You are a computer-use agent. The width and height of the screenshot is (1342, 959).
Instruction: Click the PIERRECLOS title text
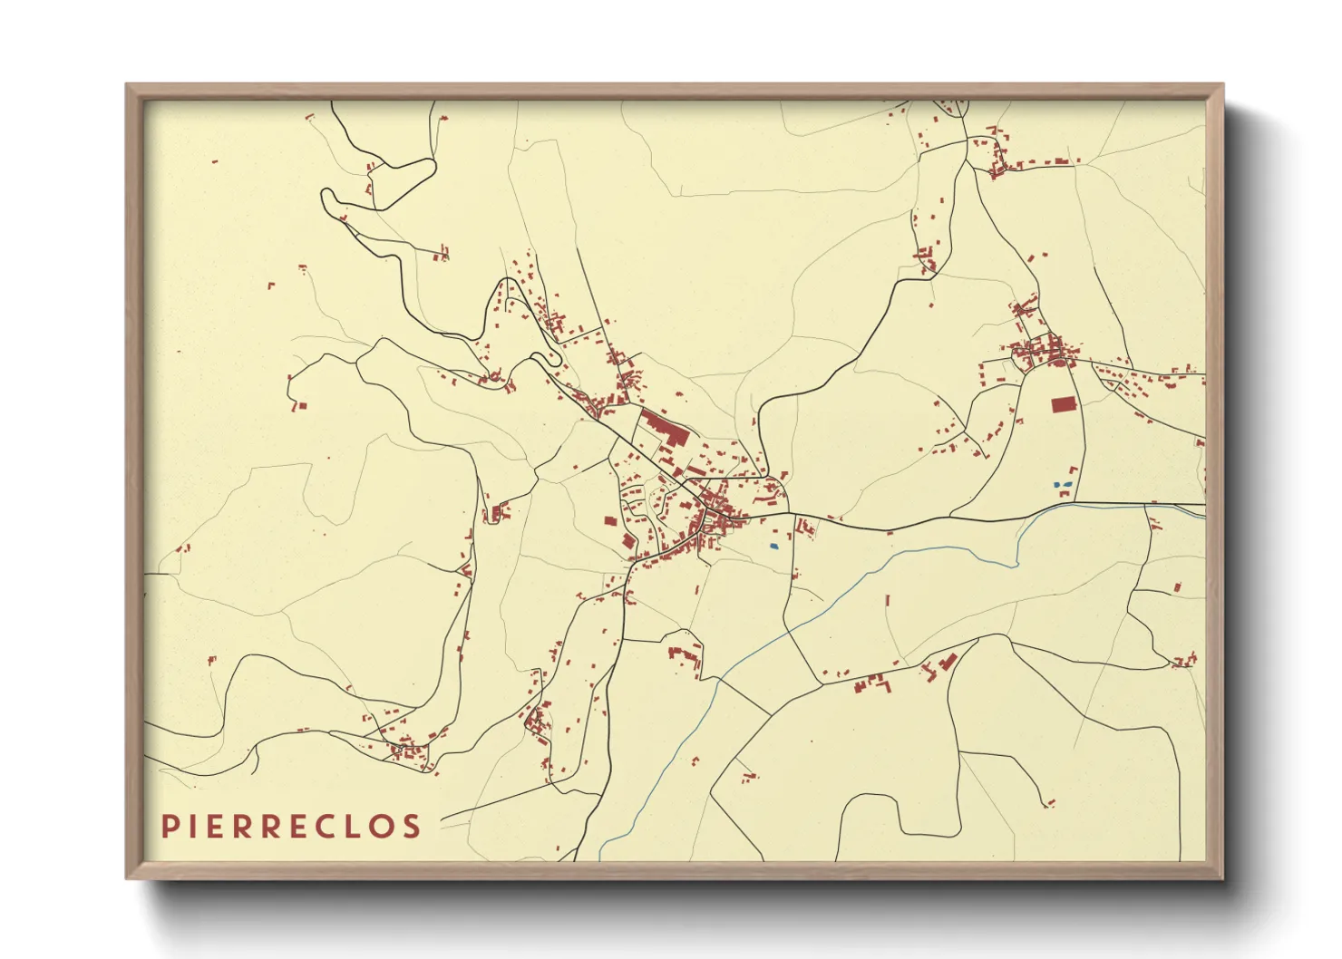click(291, 826)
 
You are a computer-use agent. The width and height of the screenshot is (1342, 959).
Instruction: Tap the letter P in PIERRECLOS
click(169, 826)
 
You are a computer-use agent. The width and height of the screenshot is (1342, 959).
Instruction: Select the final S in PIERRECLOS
click(413, 826)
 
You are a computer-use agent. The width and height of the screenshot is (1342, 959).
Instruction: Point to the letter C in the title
click(330, 826)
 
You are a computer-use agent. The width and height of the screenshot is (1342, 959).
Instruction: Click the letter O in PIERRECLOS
click(384, 826)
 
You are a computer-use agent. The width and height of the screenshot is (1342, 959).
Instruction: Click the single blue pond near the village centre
click(773, 546)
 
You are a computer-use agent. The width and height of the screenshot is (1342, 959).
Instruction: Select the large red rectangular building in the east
click(1062, 405)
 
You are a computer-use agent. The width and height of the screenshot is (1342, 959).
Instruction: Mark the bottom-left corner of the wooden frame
click(128, 877)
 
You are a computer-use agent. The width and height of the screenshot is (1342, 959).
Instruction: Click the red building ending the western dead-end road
click(301, 406)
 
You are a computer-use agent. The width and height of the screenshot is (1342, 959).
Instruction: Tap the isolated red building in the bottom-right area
click(1051, 802)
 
